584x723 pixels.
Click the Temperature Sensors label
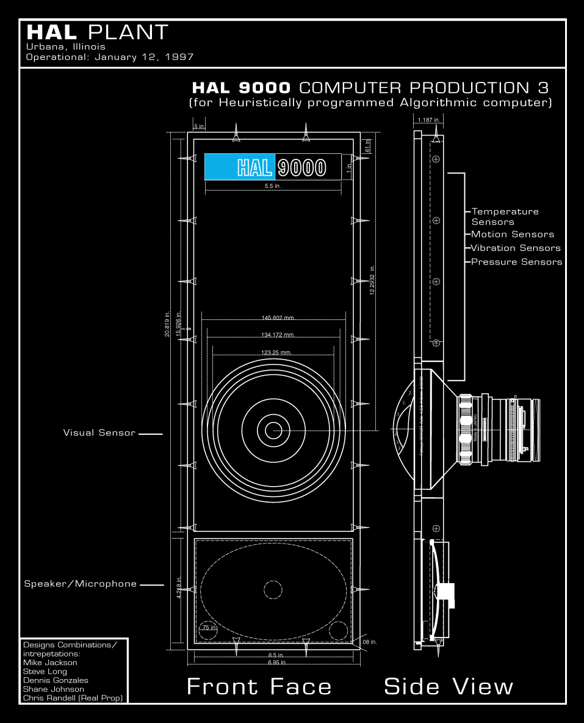tap(505, 216)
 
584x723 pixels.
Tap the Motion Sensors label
tap(513, 234)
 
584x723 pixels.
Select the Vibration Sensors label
tap(516, 248)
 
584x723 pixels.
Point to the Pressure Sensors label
tap(516, 262)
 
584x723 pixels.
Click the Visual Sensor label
tap(99, 433)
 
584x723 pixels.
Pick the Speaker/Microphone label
tap(81, 584)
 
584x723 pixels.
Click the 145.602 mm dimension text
tap(278, 318)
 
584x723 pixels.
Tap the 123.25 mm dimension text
tap(276, 352)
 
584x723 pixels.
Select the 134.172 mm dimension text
tap(278, 335)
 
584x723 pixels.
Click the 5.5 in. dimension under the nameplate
tap(273, 186)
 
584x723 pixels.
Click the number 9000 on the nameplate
tap(301, 167)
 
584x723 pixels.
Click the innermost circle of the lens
tap(273, 430)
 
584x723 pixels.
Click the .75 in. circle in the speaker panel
tap(209, 629)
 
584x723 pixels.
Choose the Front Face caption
tap(259, 686)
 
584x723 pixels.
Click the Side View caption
tap(449, 686)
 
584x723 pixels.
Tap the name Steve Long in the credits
tap(45, 672)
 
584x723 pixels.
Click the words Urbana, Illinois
tap(66, 46)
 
